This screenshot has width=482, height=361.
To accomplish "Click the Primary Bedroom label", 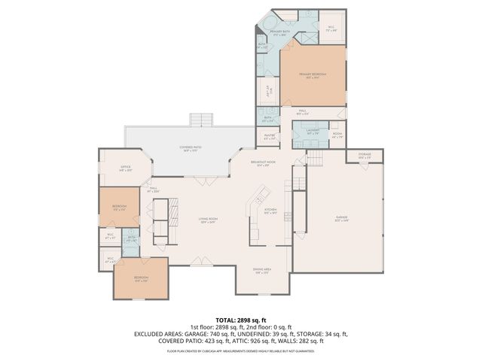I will (313, 74).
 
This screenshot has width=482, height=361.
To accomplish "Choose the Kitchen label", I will (270, 211).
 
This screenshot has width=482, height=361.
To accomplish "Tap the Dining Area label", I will (262, 271).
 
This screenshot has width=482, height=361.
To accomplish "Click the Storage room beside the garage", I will (365, 156).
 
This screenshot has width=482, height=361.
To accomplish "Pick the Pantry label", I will (270, 137).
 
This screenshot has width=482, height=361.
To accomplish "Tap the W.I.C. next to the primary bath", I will (331, 30).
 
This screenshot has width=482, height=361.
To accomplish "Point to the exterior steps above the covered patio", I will (202, 120).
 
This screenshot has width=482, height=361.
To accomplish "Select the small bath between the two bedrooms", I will (131, 239).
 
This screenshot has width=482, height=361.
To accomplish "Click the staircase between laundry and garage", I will (315, 157).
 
